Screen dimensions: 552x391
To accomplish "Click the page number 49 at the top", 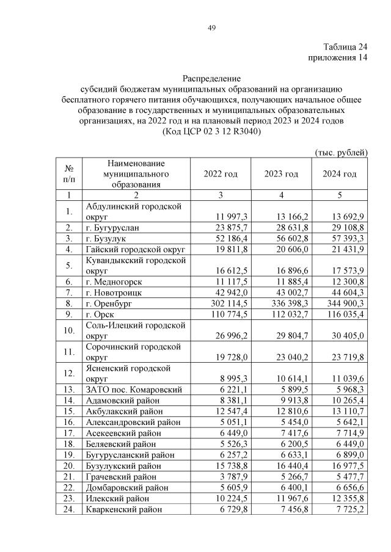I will [x=211, y=28].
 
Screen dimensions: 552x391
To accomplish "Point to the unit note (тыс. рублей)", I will [x=340, y=151].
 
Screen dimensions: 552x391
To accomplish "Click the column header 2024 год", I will [x=340, y=174].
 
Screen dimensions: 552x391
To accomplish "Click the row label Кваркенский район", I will [x=125, y=508].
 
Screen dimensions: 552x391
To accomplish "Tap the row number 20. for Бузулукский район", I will [x=68, y=465].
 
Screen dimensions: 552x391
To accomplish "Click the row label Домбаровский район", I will [x=128, y=486].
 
